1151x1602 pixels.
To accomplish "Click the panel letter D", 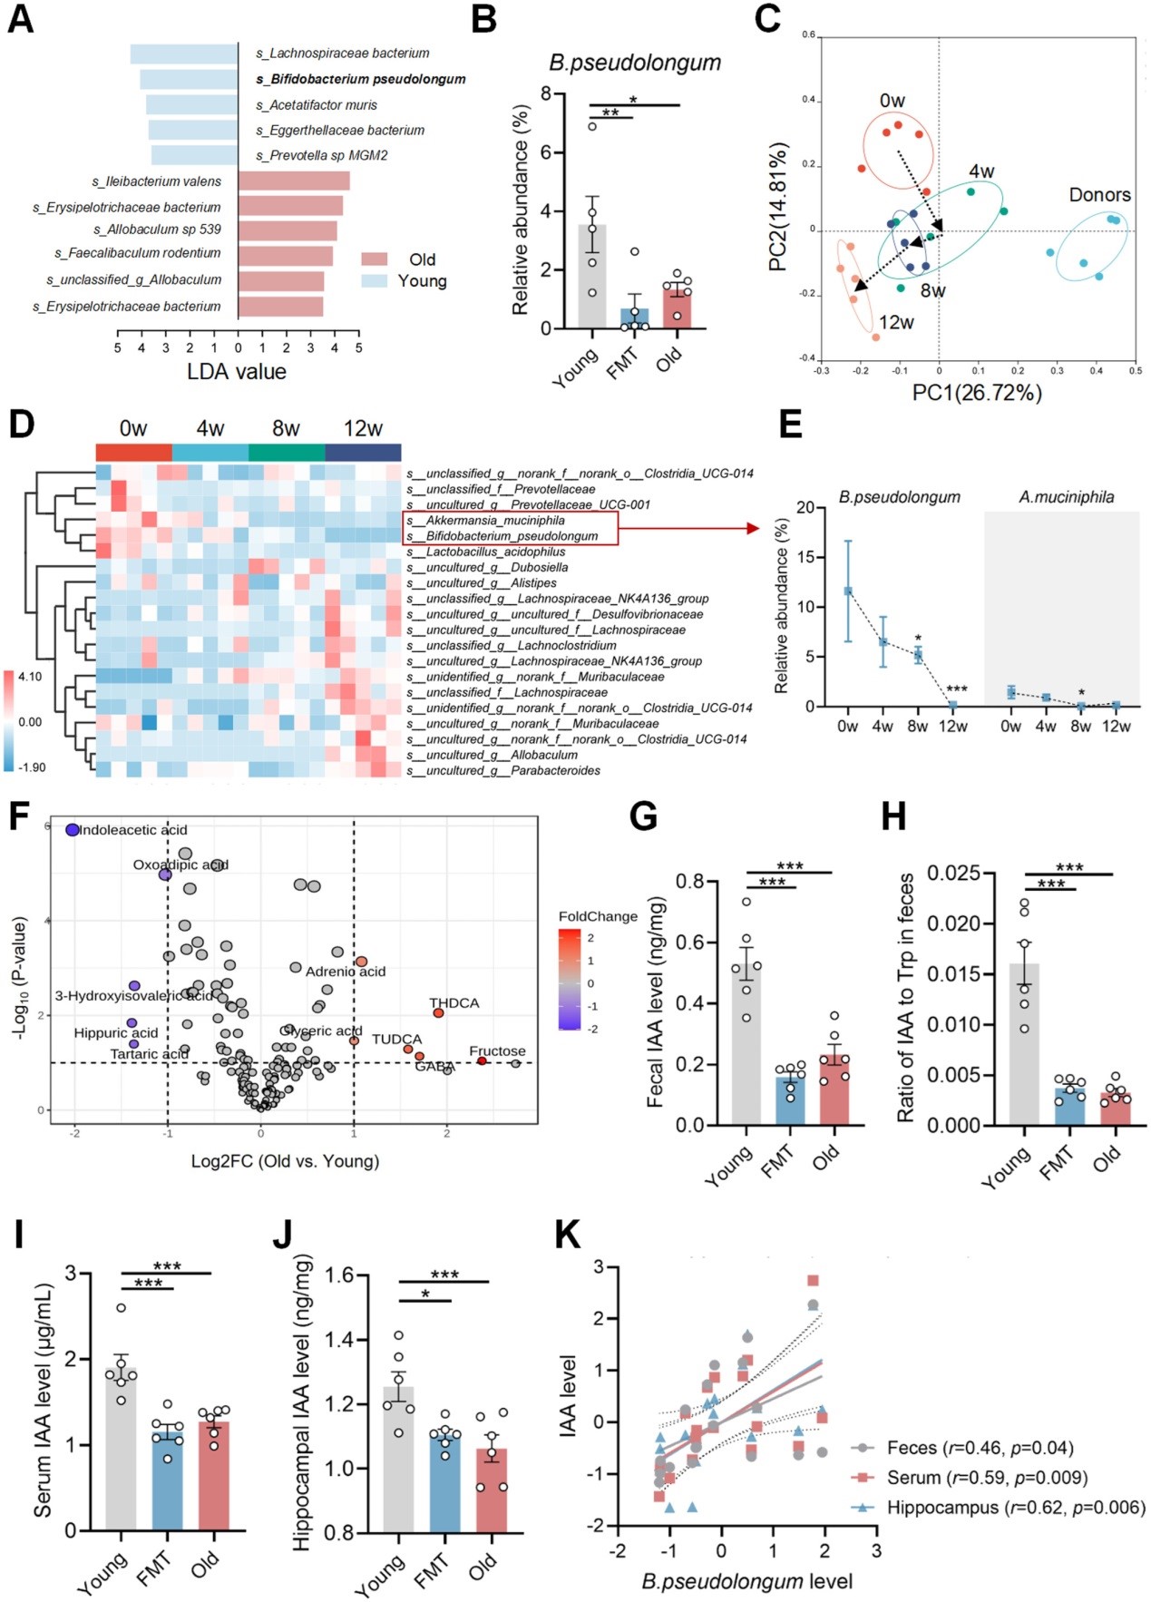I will point(21,425).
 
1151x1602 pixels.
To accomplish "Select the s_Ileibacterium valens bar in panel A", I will point(294,181).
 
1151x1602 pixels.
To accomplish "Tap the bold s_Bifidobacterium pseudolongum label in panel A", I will point(361,80).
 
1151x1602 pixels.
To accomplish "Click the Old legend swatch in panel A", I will point(375,259).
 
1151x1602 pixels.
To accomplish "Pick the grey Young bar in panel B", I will point(592,277).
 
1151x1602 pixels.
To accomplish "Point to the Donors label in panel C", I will point(1099,195).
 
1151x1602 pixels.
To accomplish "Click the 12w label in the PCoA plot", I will point(896,323).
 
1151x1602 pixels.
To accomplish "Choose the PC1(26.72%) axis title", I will point(977,393).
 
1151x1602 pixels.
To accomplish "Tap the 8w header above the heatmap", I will point(286,428).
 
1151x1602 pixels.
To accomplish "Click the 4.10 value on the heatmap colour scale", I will point(30,677).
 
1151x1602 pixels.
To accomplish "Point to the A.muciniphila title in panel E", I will point(1066,497).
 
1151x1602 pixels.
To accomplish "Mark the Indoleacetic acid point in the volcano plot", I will point(73,830).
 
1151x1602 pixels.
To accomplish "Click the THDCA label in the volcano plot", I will point(454,1003).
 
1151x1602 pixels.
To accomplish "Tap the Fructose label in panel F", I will point(497,1051).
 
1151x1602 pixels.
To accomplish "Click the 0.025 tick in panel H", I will point(953,874).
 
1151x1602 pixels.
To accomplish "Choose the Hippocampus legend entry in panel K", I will point(1015,1508).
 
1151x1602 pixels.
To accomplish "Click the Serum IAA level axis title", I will point(43,1401).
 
